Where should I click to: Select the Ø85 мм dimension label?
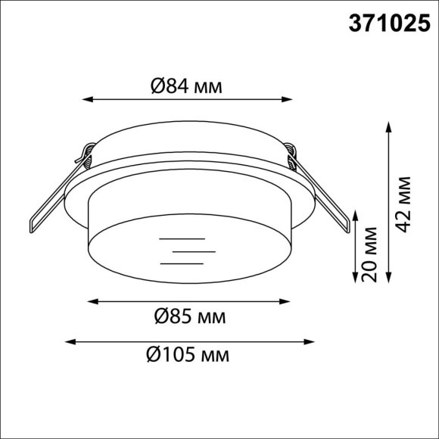(189, 316)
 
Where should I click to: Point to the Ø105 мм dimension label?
(185, 353)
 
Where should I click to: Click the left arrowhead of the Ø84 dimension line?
(86, 98)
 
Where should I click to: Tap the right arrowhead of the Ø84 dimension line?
(288, 98)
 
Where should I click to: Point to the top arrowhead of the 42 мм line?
(388, 126)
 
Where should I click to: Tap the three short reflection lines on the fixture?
(183, 250)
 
